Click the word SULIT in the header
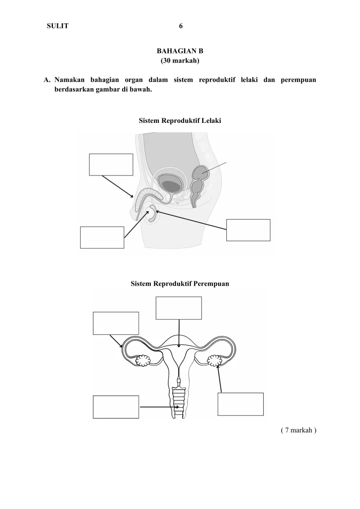[x=58, y=26]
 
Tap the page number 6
[x=180, y=26]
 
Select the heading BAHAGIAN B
[x=180, y=51]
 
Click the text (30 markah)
[x=180, y=60]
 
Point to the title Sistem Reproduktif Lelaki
[x=180, y=121]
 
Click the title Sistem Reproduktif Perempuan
[x=180, y=284]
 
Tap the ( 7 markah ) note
[x=298, y=430]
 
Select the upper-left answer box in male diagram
[x=111, y=164]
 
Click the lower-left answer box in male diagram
[x=102, y=237]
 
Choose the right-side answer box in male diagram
[x=248, y=230]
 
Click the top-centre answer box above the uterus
[x=179, y=308]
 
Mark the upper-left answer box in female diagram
[x=116, y=323]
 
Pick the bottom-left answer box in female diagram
[x=116, y=407]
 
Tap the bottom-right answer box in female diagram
[x=240, y=404]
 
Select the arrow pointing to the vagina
[x=160, y=407]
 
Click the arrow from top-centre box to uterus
[x=179, y=333]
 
